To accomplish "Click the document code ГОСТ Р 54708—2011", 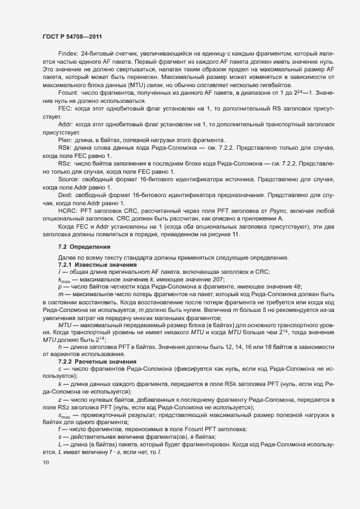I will [x=70, y=36].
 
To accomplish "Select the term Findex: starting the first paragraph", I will [x=68, y=54].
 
